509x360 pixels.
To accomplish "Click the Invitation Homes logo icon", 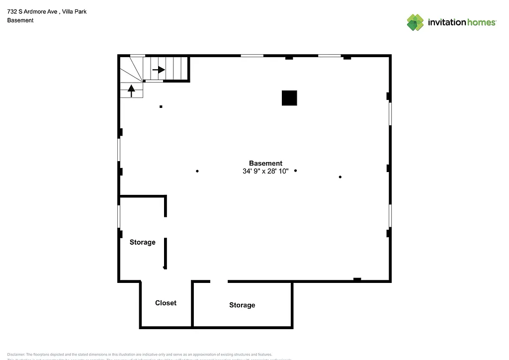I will coord(415,22).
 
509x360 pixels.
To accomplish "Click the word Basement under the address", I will coord(20,20).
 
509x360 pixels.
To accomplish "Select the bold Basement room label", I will coord(265,163).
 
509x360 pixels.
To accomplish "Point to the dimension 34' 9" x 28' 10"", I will coord(265,171).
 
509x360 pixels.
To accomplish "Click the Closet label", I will coord(166,303).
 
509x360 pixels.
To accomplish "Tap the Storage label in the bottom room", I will coord(242,305).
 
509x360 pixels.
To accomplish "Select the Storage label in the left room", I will coord(143,242).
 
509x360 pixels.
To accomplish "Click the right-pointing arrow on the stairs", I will coord(159,70).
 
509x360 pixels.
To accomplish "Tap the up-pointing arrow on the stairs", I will coord(132,90).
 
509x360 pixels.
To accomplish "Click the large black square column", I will coord(289,98).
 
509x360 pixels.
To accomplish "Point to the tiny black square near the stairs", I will coord(161,106).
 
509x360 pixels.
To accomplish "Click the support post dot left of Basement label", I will coord(197,171).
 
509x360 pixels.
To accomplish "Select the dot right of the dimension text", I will coord(295,171).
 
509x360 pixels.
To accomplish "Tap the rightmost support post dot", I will coord(340,177).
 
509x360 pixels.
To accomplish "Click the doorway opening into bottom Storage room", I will coord(219,281).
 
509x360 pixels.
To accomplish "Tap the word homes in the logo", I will coord(481,22).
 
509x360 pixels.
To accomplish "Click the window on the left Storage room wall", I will coord(119,216).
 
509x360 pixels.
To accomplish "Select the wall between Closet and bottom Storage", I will coord(192,304).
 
